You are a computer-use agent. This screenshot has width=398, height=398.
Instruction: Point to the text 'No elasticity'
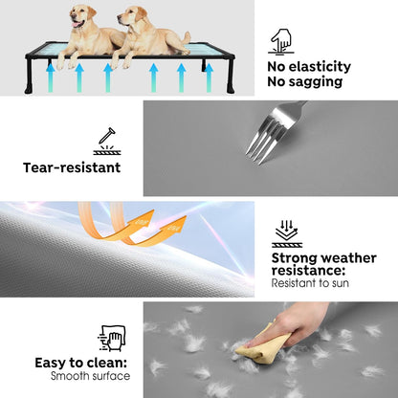point(309,67)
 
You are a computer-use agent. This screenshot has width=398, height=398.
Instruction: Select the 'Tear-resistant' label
point(72,167)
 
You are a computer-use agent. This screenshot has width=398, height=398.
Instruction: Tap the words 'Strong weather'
point(322,256)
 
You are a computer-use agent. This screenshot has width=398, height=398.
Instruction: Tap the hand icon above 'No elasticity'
point(280,40)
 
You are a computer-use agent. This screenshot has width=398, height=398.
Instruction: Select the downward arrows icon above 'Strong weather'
point(287,232)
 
